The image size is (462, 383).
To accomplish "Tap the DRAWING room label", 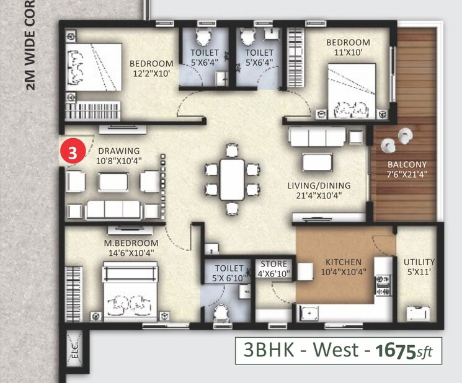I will (118, 151).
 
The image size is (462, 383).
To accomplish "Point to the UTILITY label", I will (419, 262).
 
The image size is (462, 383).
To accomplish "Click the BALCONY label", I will (407, 164).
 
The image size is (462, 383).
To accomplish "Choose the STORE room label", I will (273, 263).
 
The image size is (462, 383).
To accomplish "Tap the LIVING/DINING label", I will (319, 185).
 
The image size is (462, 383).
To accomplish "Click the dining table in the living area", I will (232, 179).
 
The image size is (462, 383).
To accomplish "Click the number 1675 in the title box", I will (396, 351).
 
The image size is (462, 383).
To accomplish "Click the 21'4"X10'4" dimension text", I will (319, 195).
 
